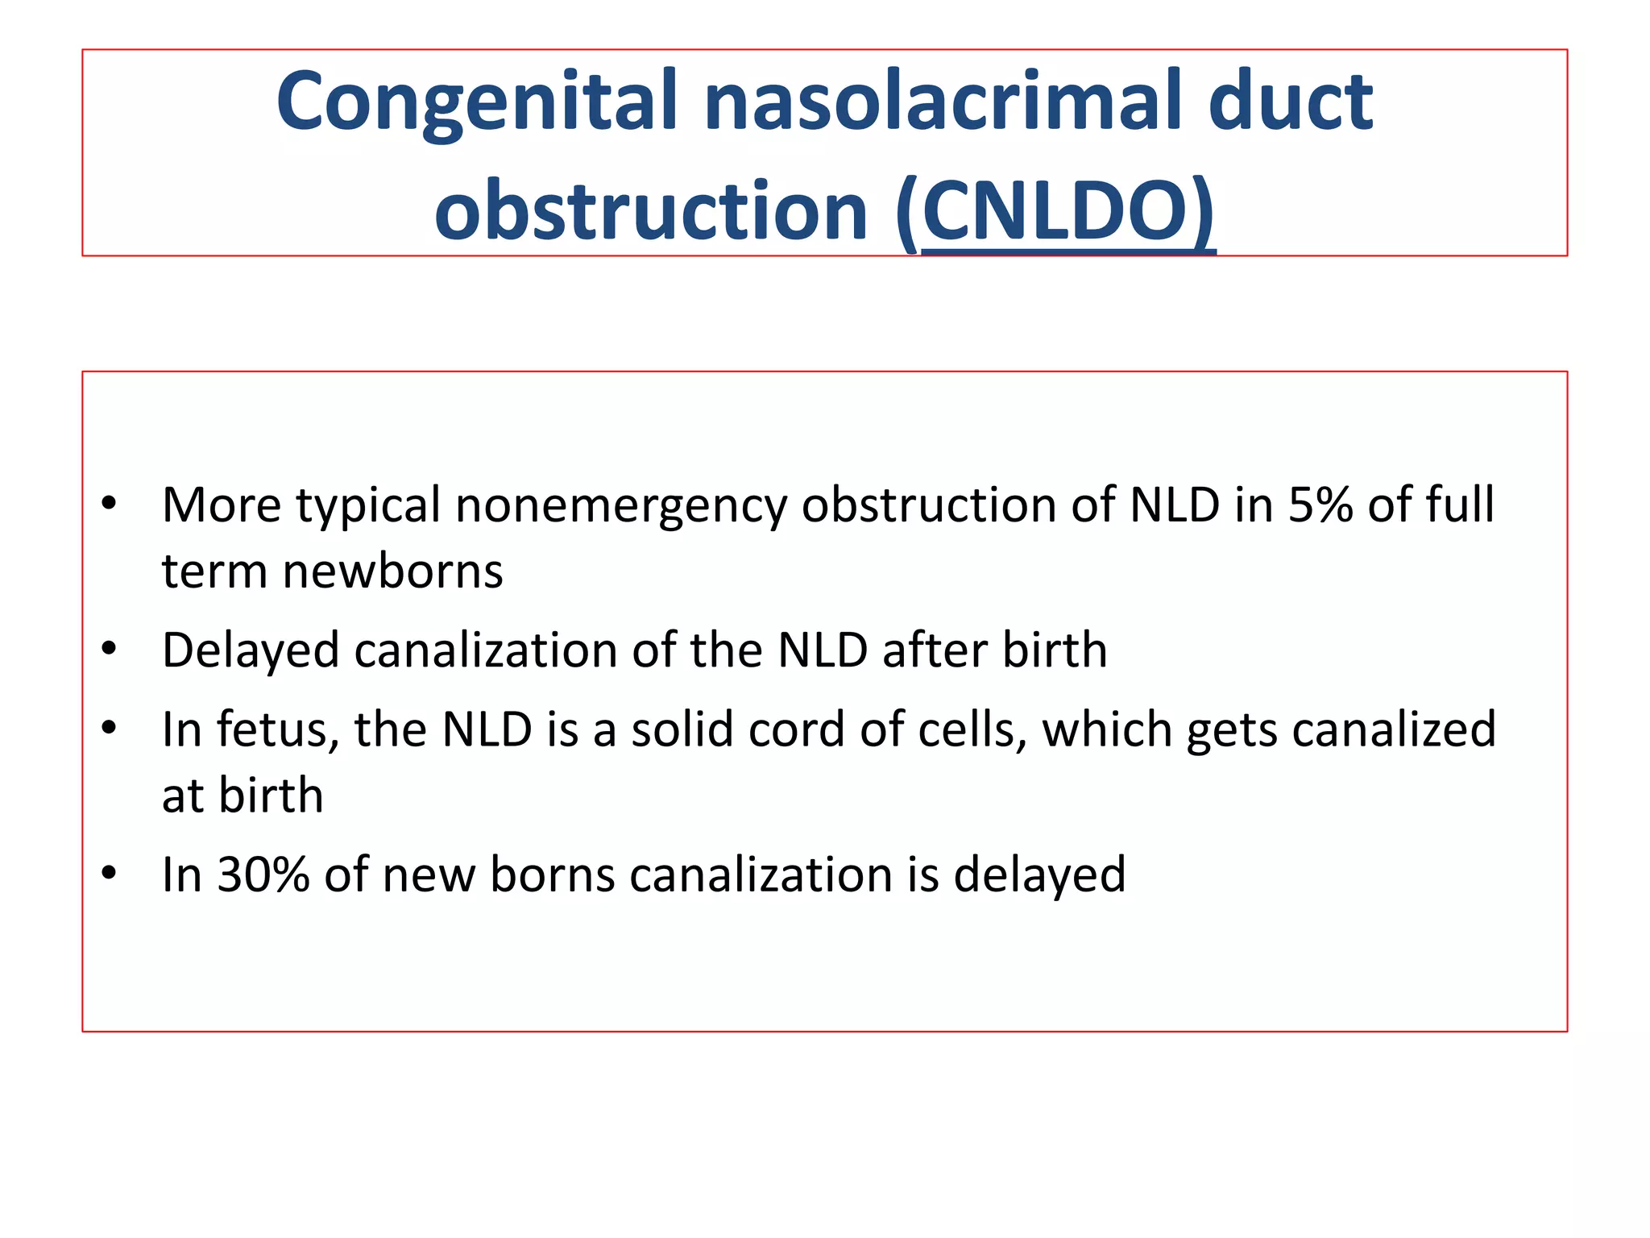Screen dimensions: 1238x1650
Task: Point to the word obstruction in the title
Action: pyautogui.click(x=651, y=212)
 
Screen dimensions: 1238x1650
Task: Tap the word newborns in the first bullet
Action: pyautogui.click(x=392, y=571)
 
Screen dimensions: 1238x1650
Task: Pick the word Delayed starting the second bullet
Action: pyautogui.click(x=251, y=650)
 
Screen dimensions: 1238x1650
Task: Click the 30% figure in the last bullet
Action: pyautogui.click(x=263, y=874)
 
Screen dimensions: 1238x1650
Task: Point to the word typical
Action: pyautogui.click(x=368, y=505)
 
